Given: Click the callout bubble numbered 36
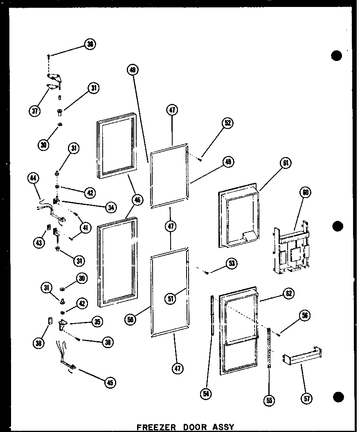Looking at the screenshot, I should [89, 44].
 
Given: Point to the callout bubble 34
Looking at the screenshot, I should [110, 207].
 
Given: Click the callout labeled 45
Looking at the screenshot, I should [110, 382].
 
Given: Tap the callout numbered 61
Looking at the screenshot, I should [286, 164].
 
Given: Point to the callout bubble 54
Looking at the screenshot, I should [206, 394].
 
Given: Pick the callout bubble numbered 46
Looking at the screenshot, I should [138, 200].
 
